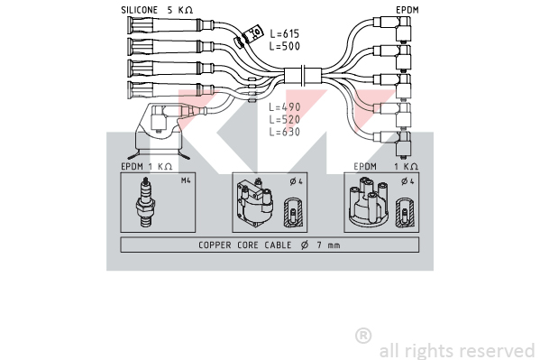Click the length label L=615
pyautogui.click(x=285, y=33)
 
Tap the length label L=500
pyautogui.click(x=285, y=46)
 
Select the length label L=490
pyautogui.click(x=285, y=107)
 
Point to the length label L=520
pyautogui.click(x=285, y=120)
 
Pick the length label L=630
pyautogui.click(x=285, y=132)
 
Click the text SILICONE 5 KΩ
pyautogui.click(x=157, y=10)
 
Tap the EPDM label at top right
pyautogui.click(x=407, y=10)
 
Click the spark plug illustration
pyautogui.click(x=146, y=202)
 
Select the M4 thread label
pyautogui.click(x=186, y=180)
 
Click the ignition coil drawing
pyautogui.click(x=255, y=203)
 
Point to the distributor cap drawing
pyautogui.click(x=369, y=201)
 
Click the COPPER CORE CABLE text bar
pyautogui.click(x=270, y=245)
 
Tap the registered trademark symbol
pyautogui.click(x=363, y=336)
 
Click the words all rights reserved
pyautogui.click(x=457, y=351)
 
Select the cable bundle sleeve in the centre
pyautogui.click(x=303, y=76)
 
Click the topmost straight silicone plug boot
pyautogui.click(x=170, y=25)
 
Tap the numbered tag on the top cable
pyautogui.click(x=252, y=33)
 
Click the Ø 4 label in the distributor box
pyautogui.click(x=407, y=181)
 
